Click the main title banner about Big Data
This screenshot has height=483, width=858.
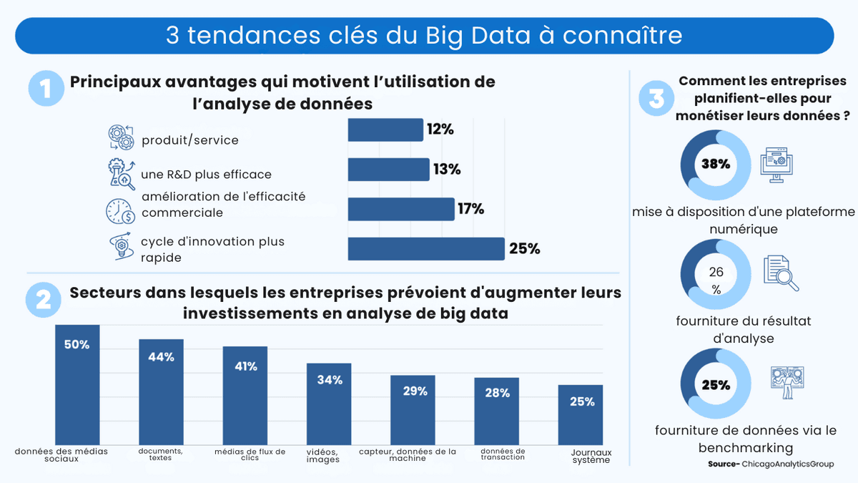point(424,36)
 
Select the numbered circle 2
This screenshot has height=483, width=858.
point(43,301)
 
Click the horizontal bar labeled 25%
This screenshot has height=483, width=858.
point(426,248)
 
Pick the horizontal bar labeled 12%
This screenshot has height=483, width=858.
point(385,130)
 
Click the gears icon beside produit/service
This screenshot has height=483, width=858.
point(120,137)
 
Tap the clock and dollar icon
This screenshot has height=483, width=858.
point(120,211)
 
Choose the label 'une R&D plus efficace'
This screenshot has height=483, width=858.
point(206,175)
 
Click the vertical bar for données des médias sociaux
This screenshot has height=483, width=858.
point(77,385)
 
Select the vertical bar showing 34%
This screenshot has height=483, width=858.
point(329,404)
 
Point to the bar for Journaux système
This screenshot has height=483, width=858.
point(581,414)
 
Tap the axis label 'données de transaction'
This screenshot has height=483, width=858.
point(503,454)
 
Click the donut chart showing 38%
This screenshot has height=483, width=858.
point(716,164)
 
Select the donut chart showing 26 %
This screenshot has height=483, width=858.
point(716,275)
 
